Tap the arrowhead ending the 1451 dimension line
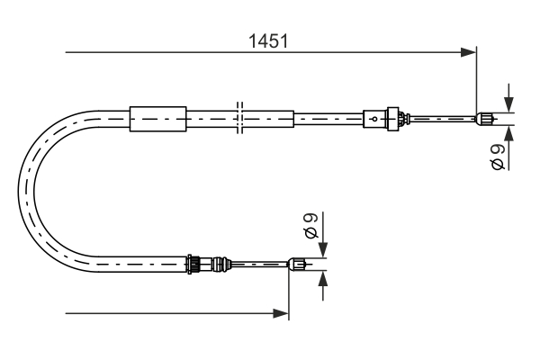coord(468,52)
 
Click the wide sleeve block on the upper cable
coord(157,118)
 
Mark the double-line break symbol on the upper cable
coord(238,118)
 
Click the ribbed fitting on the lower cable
coord(193,264)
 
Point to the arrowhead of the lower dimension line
coord(281,313)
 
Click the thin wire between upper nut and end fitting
coord(441,117)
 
